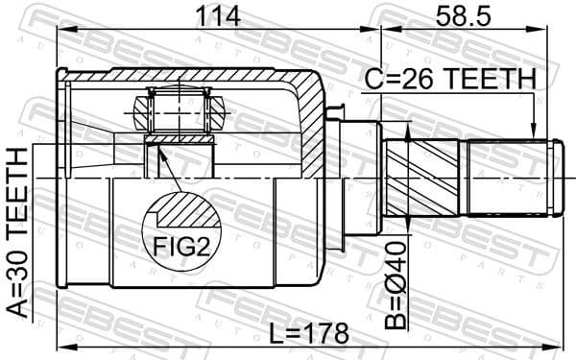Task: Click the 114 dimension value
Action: point(216,16)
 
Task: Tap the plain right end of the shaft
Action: point(509,177)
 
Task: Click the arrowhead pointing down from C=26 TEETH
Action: point(533,132)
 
